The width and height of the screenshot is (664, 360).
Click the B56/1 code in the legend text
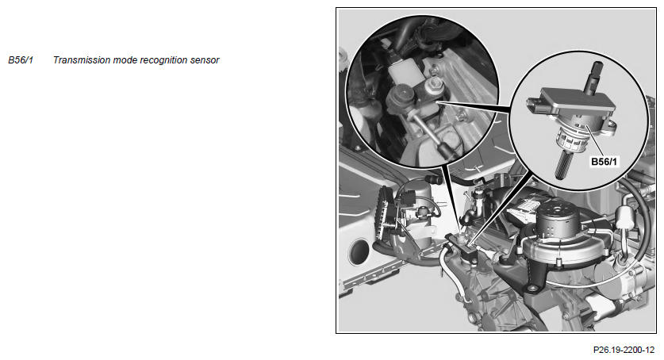point(21,60)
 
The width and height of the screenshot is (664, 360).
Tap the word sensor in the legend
point(205,60)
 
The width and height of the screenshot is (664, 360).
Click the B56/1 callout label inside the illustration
point(605,162)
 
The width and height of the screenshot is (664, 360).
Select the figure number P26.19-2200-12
point(624,350)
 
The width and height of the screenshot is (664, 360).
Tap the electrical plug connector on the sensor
point(535,105)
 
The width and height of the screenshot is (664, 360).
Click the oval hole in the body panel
point(359,251)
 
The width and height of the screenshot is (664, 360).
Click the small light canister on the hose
point(623,217)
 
